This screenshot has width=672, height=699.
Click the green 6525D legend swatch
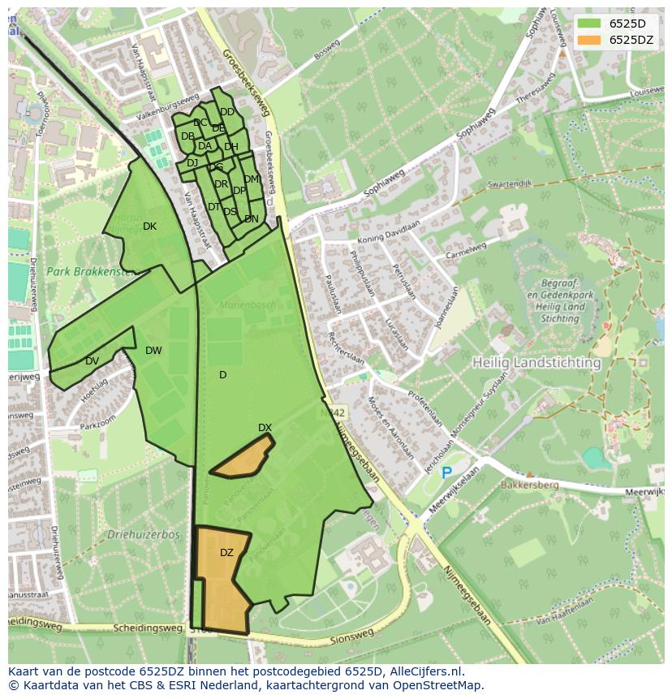[x=590, y=24]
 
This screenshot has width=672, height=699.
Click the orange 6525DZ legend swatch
[x=590, y=40]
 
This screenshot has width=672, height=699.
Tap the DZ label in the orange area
[x=226, y=553]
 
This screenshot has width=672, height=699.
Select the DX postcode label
[x=265, y=428]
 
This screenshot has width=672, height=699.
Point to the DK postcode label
[x=149, y=227]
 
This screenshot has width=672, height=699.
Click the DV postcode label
[x=92, y=361]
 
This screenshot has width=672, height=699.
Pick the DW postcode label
[x=153, y=351]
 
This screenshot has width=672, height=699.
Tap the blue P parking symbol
[x=446, y=472]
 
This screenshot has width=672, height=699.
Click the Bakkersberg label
[x=554, y=485]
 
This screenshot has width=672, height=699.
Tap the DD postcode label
[x=227, y=112]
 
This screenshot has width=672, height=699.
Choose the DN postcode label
[x=252, y=219]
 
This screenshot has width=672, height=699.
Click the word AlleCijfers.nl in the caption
[x=424, y=671]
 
